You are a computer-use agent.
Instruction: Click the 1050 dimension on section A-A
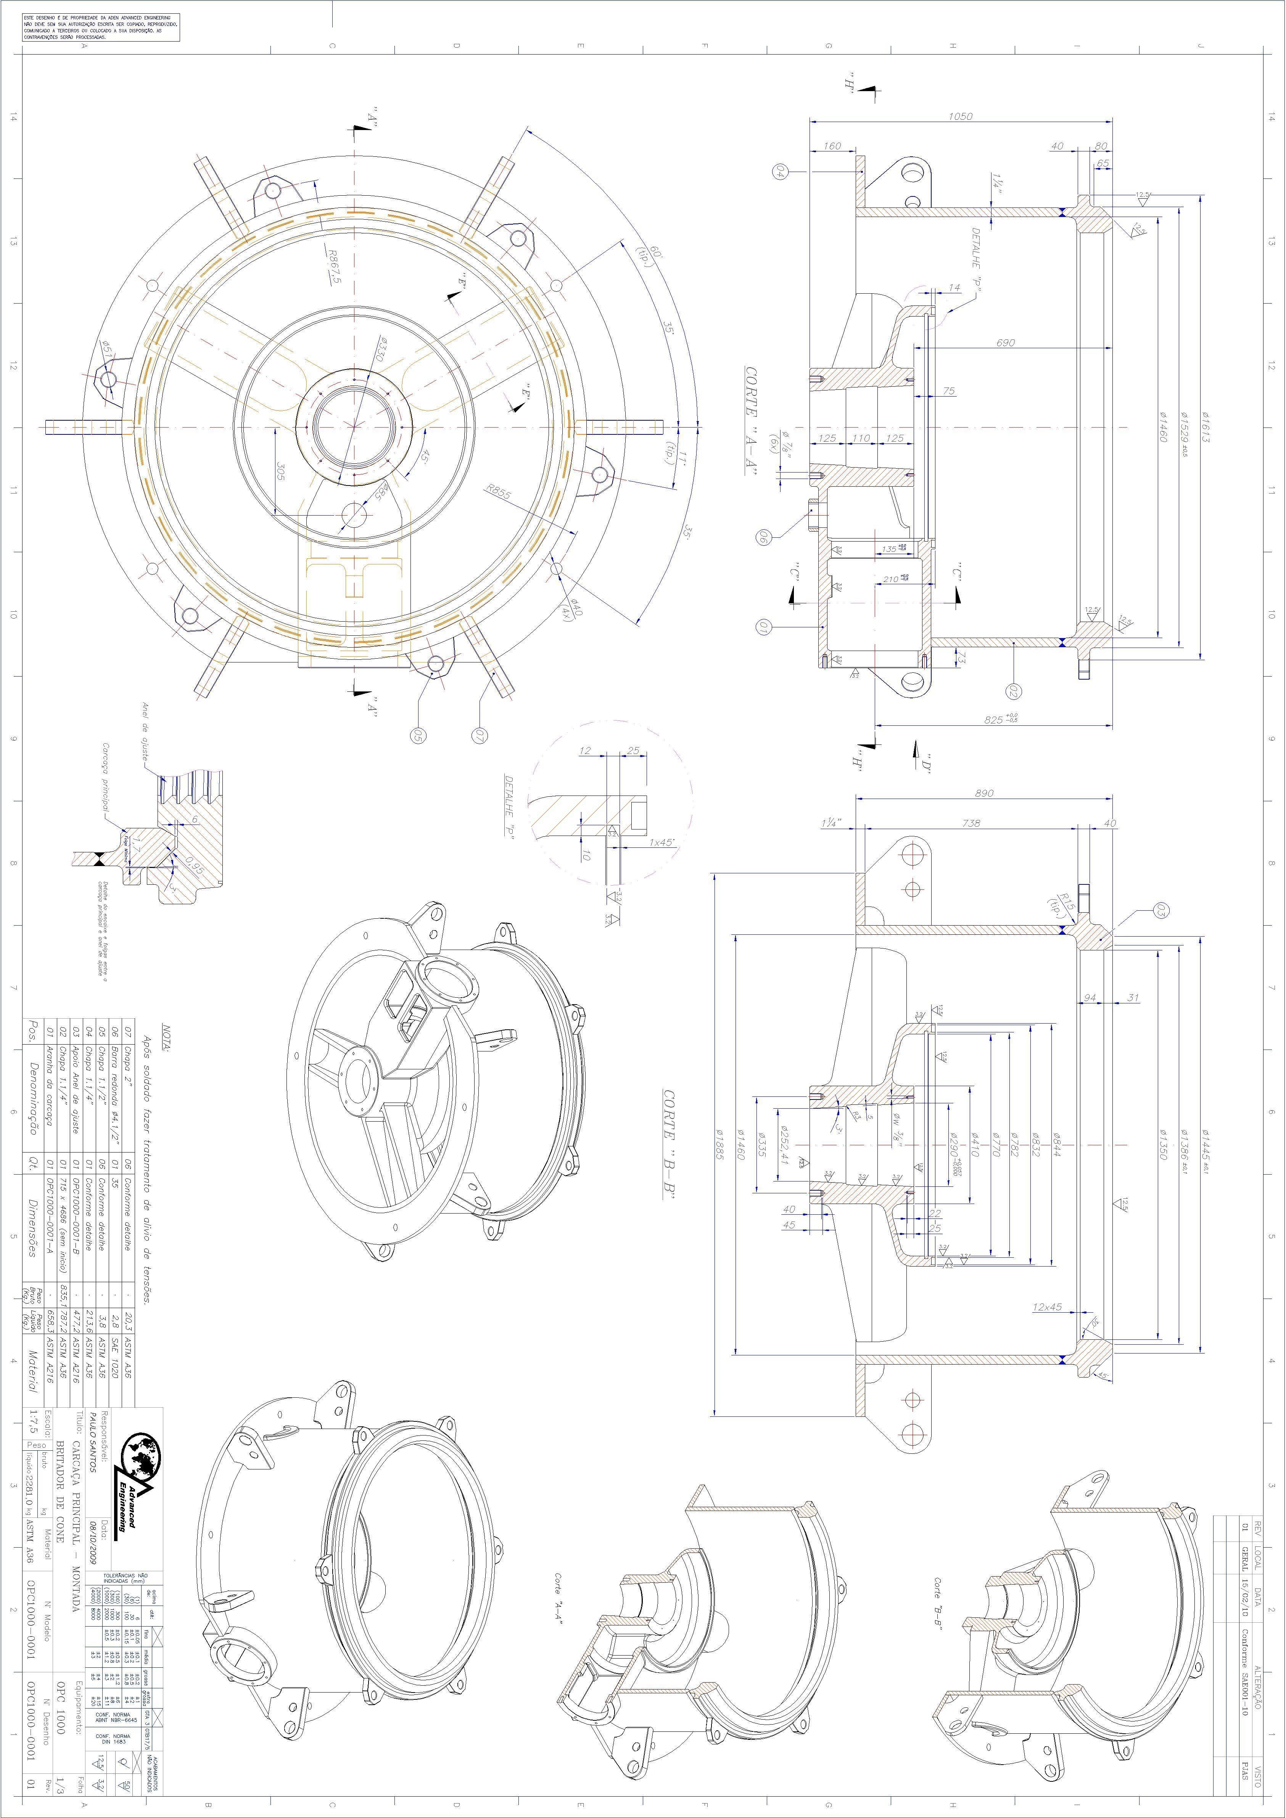[960, 116]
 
